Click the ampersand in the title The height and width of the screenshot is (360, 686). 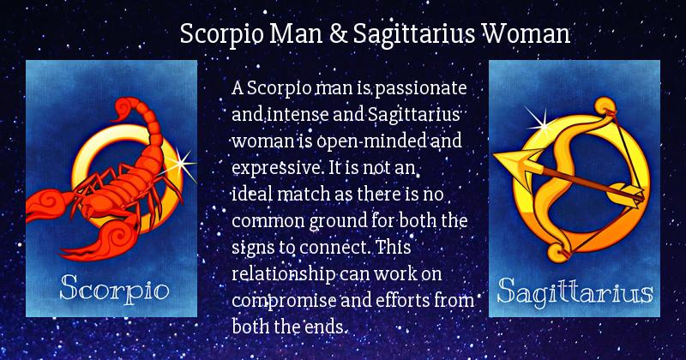[337, 33]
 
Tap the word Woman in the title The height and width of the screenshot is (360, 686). [526, 33]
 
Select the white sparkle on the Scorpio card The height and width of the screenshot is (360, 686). [181, 165]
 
